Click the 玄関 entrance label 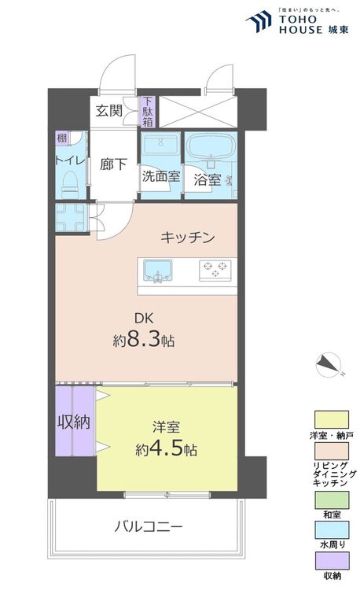coord(108,110)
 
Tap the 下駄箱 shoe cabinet coord(148,112)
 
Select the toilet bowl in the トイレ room coord(69,185)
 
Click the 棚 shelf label coord(61,138)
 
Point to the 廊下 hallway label coord(113,164)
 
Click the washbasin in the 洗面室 coord(160,144)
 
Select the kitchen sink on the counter coord(158,271)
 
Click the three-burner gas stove coord(215,270)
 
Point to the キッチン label coord(188,237)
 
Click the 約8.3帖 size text coord(144,341)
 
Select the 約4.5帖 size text coord(166,449)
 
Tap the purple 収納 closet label coord(74,422)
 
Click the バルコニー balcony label coord(149,526)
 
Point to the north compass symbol coord(329,365)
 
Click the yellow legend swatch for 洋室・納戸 coord(332,419)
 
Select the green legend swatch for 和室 coord(332,500)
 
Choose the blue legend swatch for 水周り coord(332,529)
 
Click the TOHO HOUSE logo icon coord(259,21)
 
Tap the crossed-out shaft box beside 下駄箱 coord(197,112)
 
